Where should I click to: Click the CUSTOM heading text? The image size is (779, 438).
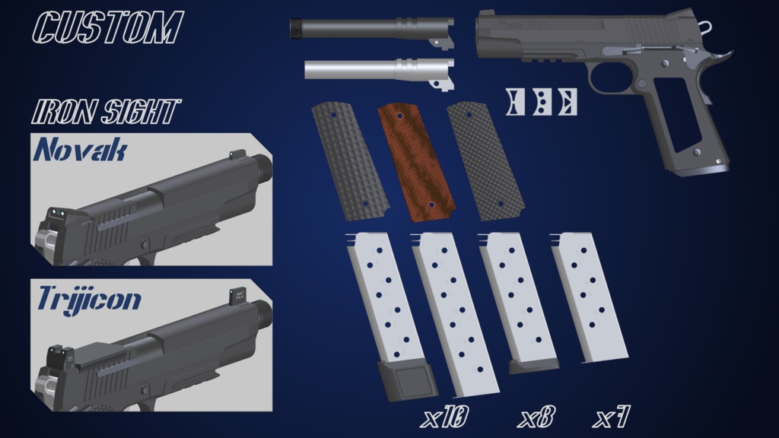[107, 27]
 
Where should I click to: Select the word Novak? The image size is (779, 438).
[80, 150]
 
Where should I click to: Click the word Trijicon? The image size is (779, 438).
[89, 299]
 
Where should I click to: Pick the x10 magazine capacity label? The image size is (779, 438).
[445, 417]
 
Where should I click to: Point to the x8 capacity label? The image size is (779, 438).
[536, 417]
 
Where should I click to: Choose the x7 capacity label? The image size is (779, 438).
[612, 417]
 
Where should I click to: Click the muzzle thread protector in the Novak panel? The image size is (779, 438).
[262, 164]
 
